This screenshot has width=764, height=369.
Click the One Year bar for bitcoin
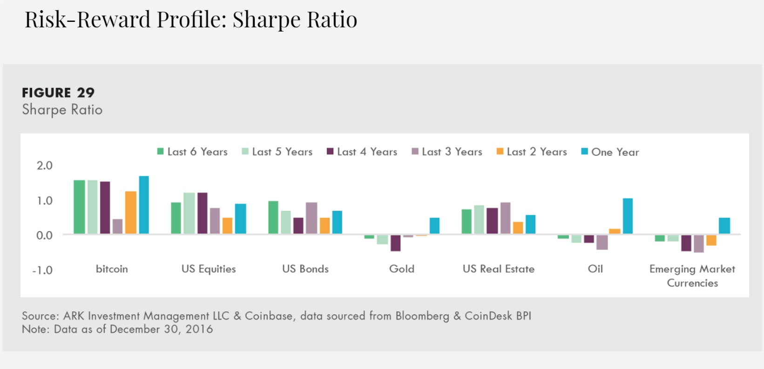pyautogui.click(x=144, y=205)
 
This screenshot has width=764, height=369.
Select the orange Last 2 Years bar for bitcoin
pyautogui.click(x=131, y=213)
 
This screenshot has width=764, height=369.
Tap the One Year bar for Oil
pyautogui.click(x=628, y=216)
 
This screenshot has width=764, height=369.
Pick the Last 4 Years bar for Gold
pyautogui.click(x=396, y=243)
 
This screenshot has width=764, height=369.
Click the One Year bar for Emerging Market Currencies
pyautogui.click(x=724, y=226)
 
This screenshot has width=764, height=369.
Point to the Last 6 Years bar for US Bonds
pyautogui.click(x=273, y=217)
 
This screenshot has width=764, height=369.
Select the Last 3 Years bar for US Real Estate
pyautogui.click(x=505, y=218)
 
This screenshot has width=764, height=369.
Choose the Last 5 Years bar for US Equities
pyautogui.click(x=189, y=213)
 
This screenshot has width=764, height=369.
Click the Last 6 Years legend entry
pyautogui.click(x=192, y=152)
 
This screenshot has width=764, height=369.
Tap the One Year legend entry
pyautogui.click(x=610, y=152)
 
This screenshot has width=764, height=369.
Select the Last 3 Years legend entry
pyautogui.click(x=447, y=152)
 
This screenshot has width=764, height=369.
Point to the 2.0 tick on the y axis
pyautogui.click(x=45, y=166)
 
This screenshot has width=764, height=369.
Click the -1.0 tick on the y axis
pyautogui.click(x=42, y=270)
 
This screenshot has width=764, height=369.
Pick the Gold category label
pyautogui.click(x=402, y=269)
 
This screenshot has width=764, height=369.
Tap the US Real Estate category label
pyautogui.click(x=498, y=269)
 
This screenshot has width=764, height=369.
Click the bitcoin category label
pyautogui.click(x=112, y=269)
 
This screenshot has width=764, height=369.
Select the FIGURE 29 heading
pyautogui.click(x=58, y=93)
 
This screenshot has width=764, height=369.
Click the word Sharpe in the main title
pyautogui.click(x=264, y=20)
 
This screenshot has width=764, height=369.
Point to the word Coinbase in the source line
pyautogui.click(x=269, y=316)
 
